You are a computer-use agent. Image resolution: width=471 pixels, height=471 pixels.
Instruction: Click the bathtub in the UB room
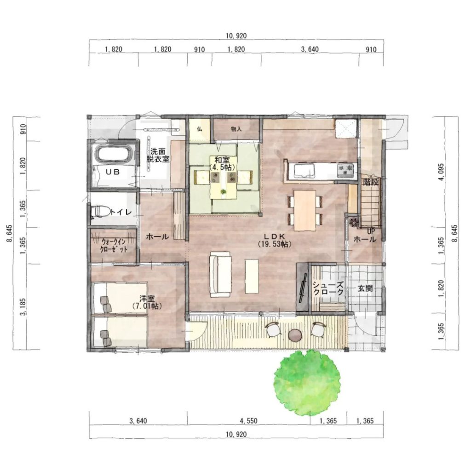[114, 155]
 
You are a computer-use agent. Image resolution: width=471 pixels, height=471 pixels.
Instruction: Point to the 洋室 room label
[147, 299]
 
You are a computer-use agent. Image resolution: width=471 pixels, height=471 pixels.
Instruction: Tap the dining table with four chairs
[304, 210]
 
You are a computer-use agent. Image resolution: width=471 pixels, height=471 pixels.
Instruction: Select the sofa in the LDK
[220, 274]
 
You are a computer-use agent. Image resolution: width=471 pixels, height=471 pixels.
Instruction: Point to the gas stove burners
[346, 170]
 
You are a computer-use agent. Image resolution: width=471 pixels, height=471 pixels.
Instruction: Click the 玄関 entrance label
[365, 288]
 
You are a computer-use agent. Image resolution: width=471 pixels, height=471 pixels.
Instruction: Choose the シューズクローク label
[328, 288]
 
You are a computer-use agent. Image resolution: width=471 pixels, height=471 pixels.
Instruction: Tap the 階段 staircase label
[371, 182]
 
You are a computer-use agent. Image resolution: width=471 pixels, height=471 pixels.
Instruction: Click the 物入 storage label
[236, 129]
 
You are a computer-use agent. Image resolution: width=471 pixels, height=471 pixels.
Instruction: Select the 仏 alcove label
[199, 129]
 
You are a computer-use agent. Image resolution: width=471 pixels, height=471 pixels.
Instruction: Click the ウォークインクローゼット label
[114, 246]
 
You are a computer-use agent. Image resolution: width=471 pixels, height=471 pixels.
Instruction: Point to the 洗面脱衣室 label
[158, 155]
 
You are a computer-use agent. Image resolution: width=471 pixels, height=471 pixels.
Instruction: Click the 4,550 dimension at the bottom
[248, 421]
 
